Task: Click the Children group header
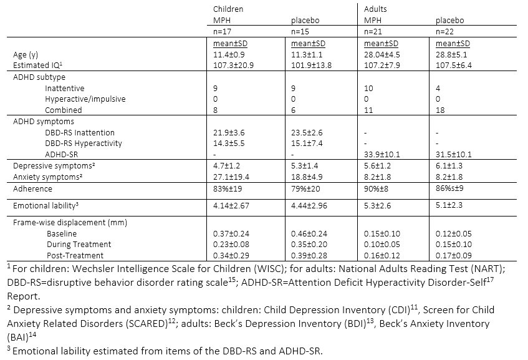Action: coord(228,9)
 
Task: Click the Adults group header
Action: coord(375,9)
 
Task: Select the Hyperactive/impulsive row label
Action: coord(77,99)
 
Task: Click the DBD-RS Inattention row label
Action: coord(80,132)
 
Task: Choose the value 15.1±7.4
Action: coord(308,144)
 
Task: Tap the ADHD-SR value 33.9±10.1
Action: coord(383,154)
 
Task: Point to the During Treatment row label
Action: coord(79,245)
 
